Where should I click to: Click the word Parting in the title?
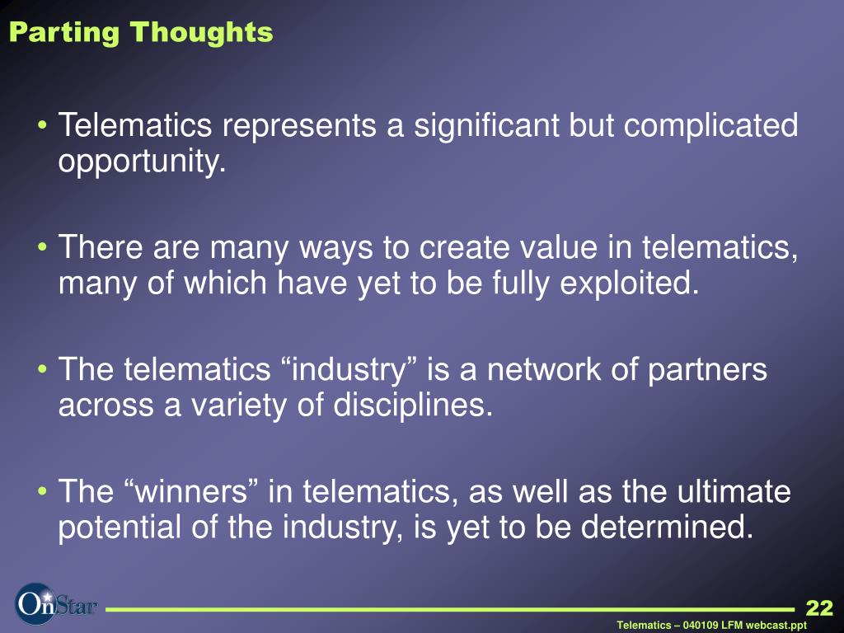(63, 33)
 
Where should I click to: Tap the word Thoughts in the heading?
(201, 32)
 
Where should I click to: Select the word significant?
(486, 126)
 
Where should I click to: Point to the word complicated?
(710, 126)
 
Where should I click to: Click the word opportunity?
(142, 161)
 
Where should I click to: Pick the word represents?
(298, 125)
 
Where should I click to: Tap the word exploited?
(629, 284)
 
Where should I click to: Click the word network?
(543, 369)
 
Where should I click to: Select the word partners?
(706, 370)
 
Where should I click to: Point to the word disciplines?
(413, 406)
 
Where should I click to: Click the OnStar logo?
(56, 604)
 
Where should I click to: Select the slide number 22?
(819, 607)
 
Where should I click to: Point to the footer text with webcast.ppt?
(711, 626)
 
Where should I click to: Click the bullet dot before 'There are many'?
(43, 247)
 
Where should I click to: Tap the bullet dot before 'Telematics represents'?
(43, 125)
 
